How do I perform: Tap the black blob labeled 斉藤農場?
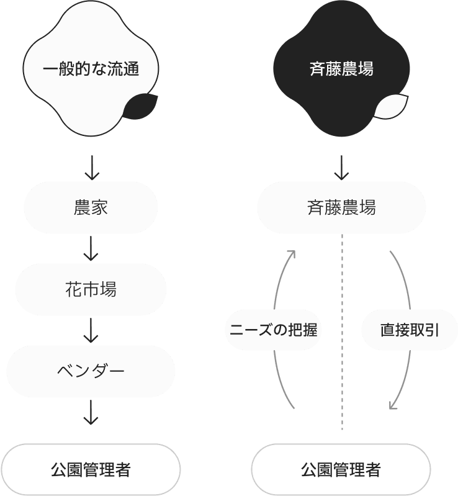click(x=341, y=68)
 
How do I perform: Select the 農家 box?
click(x=91, y=207)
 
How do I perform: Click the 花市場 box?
click(x=91, y=289)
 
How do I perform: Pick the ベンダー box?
click(x=91, y=371)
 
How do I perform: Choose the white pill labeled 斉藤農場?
click(x=341, y=207)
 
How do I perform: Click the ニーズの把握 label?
click(x=274, y=330)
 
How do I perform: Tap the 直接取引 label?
click(x=409, y=330)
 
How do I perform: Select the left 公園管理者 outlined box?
click(x=91, y=470)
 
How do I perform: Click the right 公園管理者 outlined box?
click(x=341, y=470)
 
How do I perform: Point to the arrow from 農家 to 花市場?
click(x=91, y=248)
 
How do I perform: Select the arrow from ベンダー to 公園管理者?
click(x=91, y=412)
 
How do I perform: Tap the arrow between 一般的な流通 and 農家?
click(x=91, y=166)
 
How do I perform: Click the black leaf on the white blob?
click(x=140, y=107)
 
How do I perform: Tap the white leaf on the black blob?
click(x=391, y=107)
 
